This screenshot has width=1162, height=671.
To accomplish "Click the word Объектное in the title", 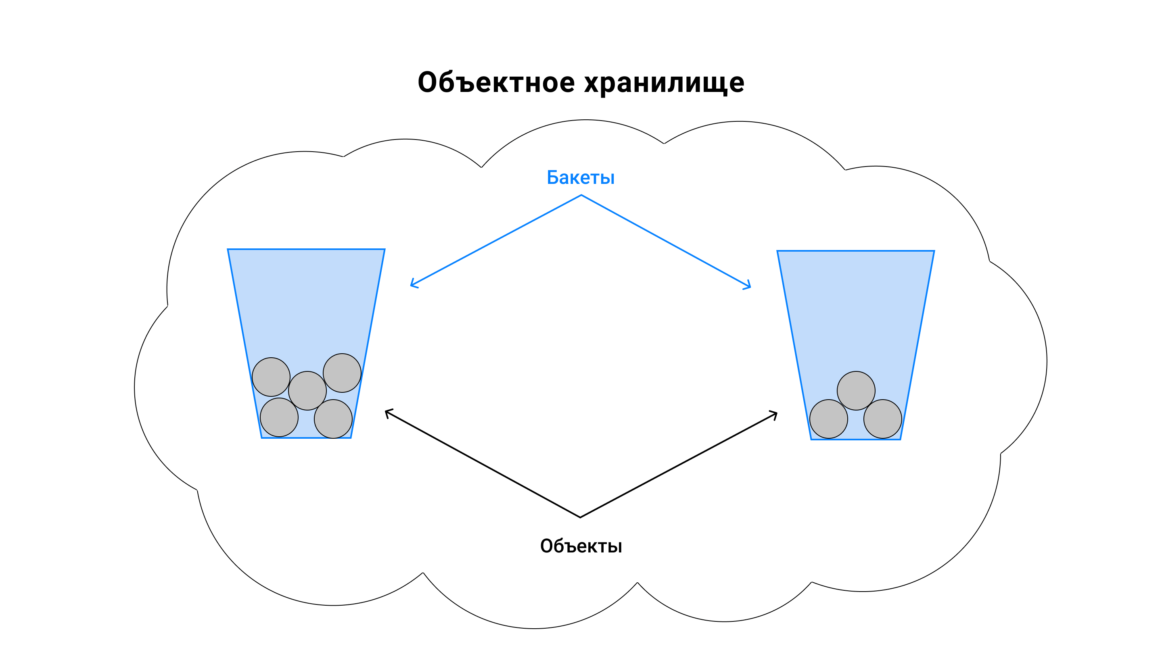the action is tap(496, 82).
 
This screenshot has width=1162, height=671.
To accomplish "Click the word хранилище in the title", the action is tap(664, 83).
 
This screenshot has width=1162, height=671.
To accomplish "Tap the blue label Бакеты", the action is tap(581, 177).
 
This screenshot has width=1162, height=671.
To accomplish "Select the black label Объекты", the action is tap(581, 546).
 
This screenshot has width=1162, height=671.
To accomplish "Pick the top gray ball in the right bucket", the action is tap(856, 391).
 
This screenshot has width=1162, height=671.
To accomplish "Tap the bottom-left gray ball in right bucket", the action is tap(829, 419).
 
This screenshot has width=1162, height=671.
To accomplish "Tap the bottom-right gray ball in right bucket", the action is tap(882, 419).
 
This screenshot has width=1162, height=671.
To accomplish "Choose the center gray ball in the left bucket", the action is tap(307, 391).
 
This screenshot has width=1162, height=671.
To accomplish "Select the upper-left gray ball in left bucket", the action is tap(271, 377).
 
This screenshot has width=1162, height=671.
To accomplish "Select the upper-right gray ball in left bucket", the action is tap(342, 373).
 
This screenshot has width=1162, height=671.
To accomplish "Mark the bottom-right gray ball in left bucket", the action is tap(333, 419).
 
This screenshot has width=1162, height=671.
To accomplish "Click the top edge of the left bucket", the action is tap(306, 249).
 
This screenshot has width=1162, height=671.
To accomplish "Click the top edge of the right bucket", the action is tap(856, 251).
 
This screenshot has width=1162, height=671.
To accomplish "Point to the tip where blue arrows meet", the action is tap(581, 195).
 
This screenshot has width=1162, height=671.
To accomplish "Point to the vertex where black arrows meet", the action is tap(580, 517).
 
